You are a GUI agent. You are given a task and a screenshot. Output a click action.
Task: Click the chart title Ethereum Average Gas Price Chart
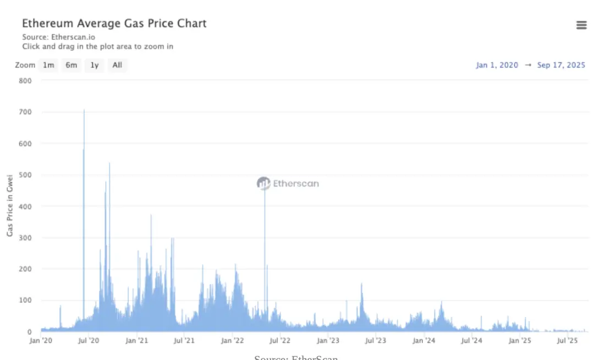[x=114, y=24]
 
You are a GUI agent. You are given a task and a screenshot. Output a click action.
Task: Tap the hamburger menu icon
[x=581, y=25]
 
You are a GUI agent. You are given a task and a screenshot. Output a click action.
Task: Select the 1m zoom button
[x=49, y=65]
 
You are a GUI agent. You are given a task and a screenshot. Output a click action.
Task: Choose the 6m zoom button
[x=71, y=65]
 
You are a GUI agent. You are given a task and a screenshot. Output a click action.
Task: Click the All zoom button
[x=117, y=65]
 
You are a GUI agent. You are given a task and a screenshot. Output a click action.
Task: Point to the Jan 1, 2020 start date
[x=497, y=65]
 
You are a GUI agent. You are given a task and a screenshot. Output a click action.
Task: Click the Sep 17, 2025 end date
[x=561, y=65]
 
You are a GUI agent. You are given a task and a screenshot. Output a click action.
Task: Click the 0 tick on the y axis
[x=29, y=332]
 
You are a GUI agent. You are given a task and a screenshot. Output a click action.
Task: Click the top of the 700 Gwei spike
[x=84, y=110]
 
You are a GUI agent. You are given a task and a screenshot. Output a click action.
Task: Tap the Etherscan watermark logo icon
[x=263, y=183]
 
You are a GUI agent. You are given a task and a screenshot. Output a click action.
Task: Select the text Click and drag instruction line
[x=98, y=47]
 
